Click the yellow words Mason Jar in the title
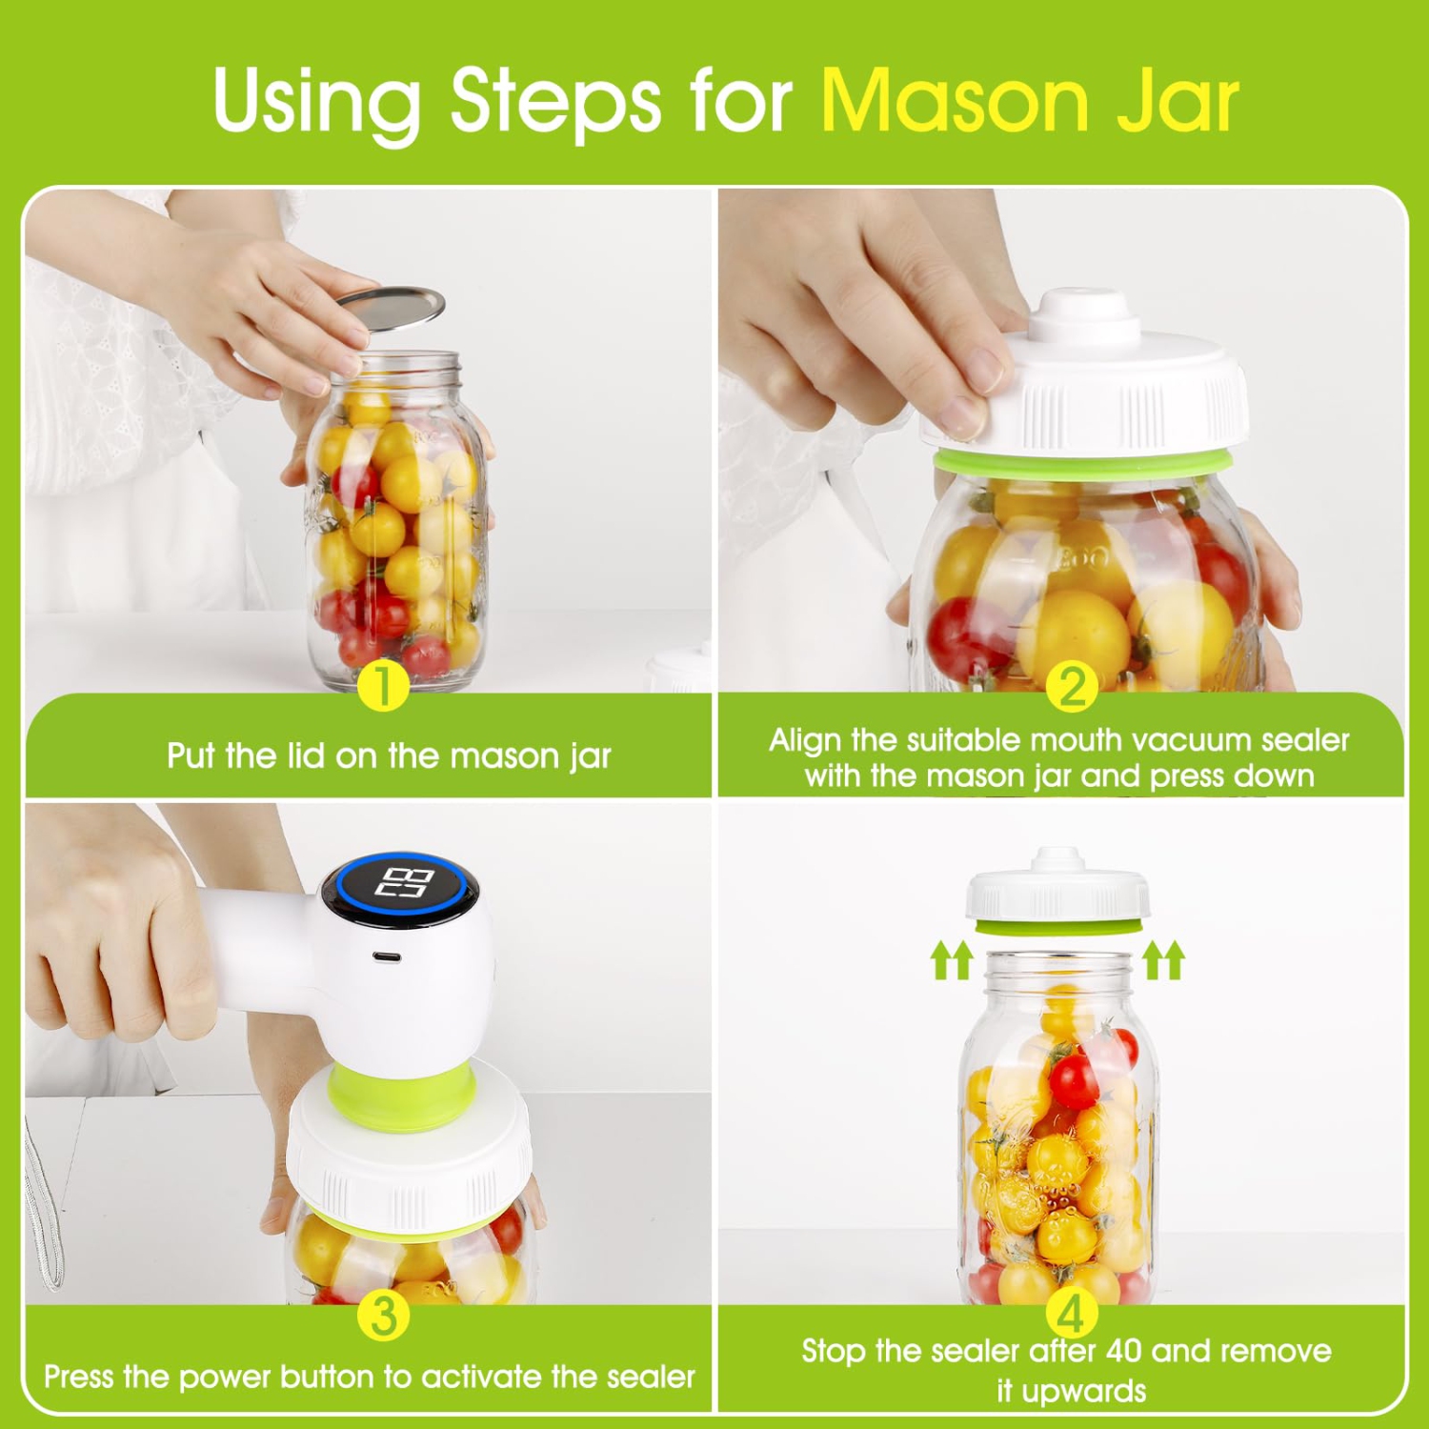point(1029,100)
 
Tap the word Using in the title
point(316,100)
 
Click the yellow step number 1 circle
point(382,685)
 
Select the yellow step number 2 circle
point(1072,687)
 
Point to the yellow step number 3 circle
point(383,1316)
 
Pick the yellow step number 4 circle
point(1071,1315)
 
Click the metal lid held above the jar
point(391,309)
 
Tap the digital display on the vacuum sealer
point(406,883)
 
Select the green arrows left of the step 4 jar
point(951,959)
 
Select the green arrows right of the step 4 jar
point(1163,959)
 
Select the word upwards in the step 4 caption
point(1084,1391)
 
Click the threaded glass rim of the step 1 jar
point(395,366)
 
